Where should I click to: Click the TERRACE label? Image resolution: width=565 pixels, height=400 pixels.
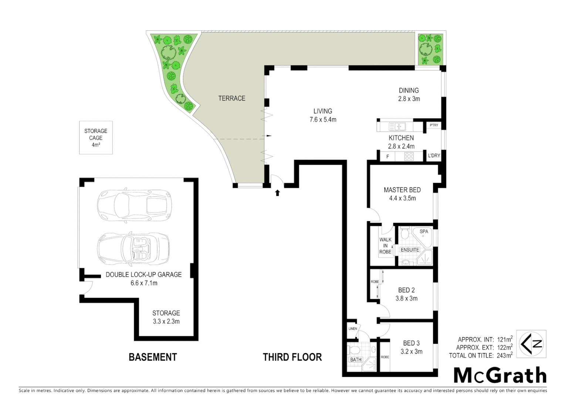tap(231, 98)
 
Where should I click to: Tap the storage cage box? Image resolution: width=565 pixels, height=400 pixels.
tap(96, 138)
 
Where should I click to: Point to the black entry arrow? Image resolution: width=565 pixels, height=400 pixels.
tap(277, 193)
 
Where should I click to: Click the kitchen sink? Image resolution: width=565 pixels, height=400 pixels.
tap(397, 127)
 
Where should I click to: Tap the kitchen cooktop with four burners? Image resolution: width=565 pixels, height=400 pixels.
tap(409, 156)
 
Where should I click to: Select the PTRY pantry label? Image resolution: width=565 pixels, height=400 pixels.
tap(434, 125)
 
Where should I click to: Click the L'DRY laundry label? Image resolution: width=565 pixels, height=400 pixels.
tap(434, 156)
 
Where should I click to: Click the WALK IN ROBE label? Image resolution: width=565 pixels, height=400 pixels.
tap(385, 246)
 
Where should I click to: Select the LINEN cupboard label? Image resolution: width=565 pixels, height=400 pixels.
tap(352, 329)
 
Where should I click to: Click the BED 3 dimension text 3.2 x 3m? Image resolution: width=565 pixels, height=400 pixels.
tap(411, 351)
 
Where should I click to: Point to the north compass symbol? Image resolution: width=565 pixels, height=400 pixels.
tap(531, 344)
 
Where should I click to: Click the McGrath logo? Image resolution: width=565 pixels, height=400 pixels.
tap(500, 376)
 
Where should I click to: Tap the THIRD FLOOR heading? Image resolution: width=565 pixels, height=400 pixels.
tap(292, 357)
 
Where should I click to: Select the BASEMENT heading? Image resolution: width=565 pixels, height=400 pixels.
tap(153, 357)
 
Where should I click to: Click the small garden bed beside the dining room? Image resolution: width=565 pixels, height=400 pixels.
tap(430, 49)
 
